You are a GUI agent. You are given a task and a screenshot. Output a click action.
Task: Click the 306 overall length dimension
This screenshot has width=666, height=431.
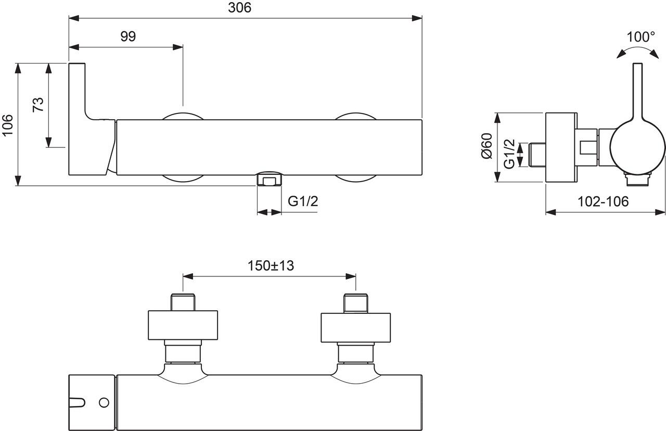click(240, 8)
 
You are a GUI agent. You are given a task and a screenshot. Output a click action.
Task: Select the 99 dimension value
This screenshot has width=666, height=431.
click(128, 36)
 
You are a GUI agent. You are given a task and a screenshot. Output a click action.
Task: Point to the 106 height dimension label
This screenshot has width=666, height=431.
click(8, 125)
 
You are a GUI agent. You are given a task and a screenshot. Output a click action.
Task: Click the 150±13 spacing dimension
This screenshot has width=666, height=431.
click(271, 265)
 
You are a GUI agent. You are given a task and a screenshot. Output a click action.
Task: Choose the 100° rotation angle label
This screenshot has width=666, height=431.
click(641, 37)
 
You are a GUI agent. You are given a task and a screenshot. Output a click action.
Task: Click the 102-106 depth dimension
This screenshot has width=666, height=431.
click(604, 201)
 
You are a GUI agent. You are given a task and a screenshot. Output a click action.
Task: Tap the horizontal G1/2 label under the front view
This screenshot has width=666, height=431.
click(303, 201)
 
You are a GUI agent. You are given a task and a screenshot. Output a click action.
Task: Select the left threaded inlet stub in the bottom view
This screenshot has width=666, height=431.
click(183, 302)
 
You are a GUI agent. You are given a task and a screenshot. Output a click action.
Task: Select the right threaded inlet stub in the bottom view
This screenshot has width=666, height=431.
click(356, 302)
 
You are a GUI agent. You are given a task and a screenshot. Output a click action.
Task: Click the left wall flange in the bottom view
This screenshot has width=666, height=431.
click(183, 325)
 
